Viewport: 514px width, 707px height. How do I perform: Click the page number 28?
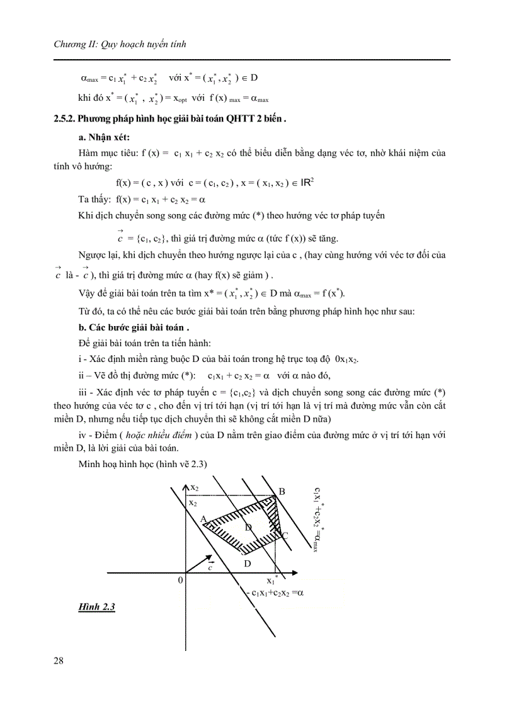tap(58, 660)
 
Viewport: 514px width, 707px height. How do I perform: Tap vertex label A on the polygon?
tap(203, 519)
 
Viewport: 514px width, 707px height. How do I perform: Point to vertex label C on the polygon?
tap(285, 536)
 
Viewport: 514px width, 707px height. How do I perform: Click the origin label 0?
tap(180, 580)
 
